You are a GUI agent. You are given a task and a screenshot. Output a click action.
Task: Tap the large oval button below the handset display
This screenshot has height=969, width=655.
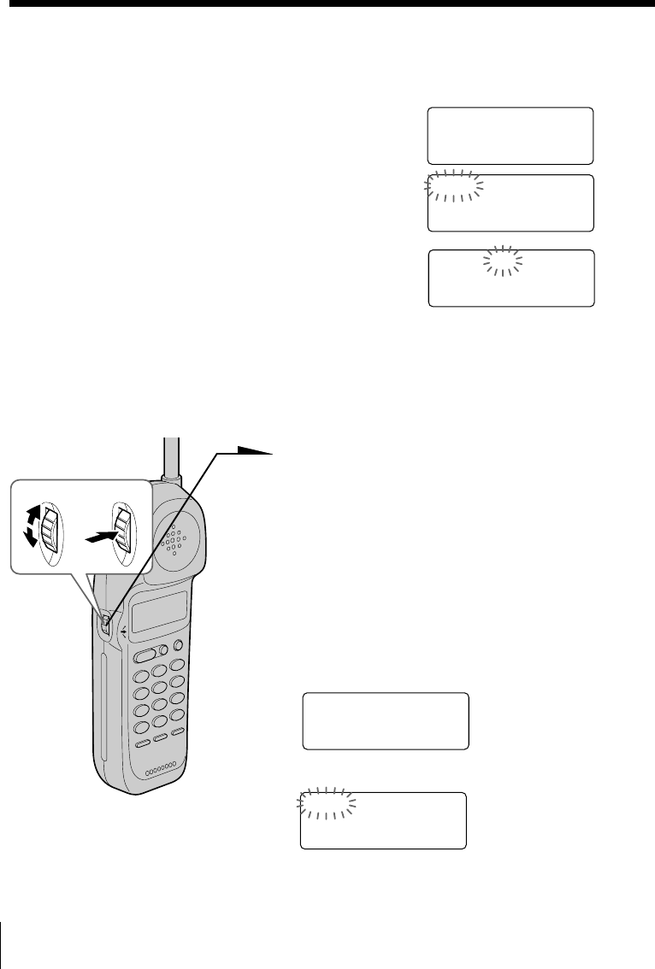[145, 655]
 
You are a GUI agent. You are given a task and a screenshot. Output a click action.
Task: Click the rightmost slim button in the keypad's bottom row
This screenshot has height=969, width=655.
[178, 732]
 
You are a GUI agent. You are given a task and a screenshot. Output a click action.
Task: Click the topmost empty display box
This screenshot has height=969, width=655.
[510, 135]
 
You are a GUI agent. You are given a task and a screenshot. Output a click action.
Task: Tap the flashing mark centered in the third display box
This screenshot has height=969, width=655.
[503, 261]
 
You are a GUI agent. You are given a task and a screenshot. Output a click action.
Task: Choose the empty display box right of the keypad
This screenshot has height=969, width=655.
[386, 720]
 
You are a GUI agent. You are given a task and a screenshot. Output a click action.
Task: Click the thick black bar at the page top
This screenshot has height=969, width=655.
[327, 3]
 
